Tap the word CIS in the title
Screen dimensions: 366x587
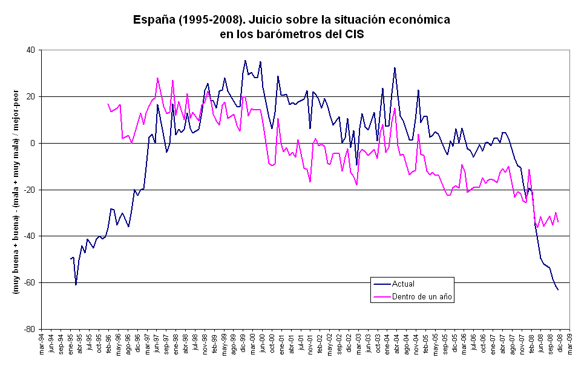click(353, 34)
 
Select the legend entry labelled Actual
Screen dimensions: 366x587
click(403, 284)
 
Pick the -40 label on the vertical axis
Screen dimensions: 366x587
click(29, 236)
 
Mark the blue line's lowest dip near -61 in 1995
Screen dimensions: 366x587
click(76, 285)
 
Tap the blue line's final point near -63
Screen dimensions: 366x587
click(558, 290)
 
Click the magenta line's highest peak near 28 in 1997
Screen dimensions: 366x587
click(157, 78)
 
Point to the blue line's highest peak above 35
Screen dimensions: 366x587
click(245, 61)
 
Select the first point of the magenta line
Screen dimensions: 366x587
click(108, 104)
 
